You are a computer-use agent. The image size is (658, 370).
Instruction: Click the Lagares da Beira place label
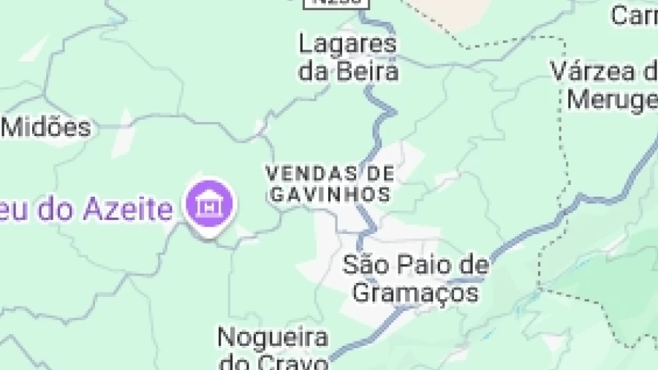[x=348, y=57]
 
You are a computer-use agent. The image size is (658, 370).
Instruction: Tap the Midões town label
[x=48, y=127]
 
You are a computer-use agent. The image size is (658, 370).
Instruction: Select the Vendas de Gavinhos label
[x=330, y=184]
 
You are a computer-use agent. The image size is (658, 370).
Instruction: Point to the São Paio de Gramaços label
[x=415, y=279]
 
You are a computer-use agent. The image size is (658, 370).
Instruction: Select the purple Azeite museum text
[x=86, y=210]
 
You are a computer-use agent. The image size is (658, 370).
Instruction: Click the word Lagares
[x=348, y=44]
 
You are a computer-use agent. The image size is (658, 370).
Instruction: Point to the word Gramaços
[x=415, y=292]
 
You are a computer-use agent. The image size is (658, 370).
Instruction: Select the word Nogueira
[x=273, y=338]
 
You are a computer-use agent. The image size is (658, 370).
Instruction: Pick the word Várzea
[x=594, y=72]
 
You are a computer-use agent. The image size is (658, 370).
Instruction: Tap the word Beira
[x=368, y=71]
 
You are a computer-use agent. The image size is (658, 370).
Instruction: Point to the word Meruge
[x=613, y=99]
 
